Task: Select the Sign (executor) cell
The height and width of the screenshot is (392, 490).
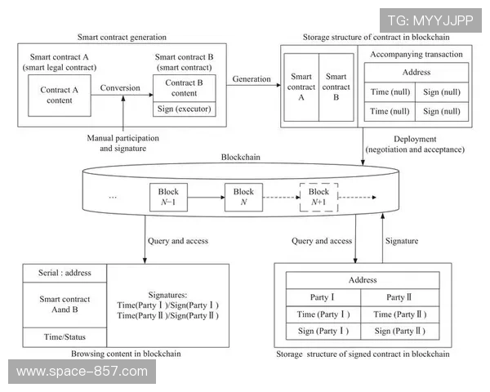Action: [185, 109]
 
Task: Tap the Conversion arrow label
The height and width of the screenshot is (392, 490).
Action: [119, 87]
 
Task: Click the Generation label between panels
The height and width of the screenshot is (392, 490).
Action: [252, 78]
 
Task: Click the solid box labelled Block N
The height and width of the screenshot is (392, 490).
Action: [243, 197]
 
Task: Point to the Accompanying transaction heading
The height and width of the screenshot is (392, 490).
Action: [416, 55]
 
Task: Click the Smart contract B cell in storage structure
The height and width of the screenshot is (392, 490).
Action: [335, 87]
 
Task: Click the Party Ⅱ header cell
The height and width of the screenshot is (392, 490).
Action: [401, 297]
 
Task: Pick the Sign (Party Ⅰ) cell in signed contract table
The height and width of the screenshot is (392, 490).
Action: [323, 331]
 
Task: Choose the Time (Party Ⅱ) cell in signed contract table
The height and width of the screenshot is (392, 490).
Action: [401, 314]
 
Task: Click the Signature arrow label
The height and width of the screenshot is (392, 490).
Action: [402, 241]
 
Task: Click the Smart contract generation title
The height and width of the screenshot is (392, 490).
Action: [122, 37]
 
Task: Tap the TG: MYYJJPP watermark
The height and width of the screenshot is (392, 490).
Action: [430, 19]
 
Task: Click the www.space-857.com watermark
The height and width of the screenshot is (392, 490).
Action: [82, 372]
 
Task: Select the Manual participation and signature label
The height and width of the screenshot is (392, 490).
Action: [122, 143]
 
